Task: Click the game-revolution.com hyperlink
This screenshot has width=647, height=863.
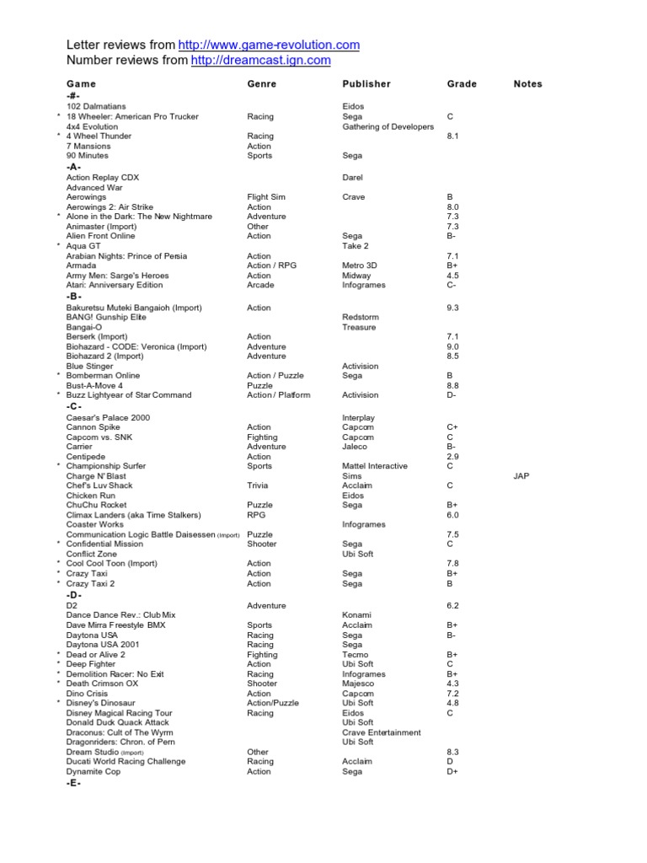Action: (x=270, y=45)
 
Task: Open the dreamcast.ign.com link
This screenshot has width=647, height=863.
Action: (x=261, y=60)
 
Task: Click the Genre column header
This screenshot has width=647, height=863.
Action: (x=261, y=84)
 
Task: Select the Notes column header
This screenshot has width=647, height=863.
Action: (x=527, y=84)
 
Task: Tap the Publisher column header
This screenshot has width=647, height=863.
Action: (x=366, y=84)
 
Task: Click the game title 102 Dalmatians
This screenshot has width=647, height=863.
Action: (x=96, y=107)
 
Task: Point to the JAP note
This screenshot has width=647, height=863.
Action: (x=521, y=476)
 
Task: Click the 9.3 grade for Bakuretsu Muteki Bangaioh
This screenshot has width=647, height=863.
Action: (x=452, y=308)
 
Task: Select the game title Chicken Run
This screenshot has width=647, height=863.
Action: (x=91, y=496)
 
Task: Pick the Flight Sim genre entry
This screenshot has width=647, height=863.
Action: (x=266, y=197)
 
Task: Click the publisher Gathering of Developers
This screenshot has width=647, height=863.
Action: (x=388, y=126)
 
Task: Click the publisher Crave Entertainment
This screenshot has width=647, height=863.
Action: (x=382, y=732)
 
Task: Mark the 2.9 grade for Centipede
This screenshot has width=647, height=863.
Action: (x=452, y=457)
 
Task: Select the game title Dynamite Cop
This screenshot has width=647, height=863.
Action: (x=94, y=771)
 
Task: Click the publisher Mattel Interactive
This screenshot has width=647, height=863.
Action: (x=375, y=466)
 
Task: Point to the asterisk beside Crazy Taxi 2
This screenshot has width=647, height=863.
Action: (x=58, y=583)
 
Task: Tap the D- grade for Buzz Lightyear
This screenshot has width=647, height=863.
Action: (x=452, y=395)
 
